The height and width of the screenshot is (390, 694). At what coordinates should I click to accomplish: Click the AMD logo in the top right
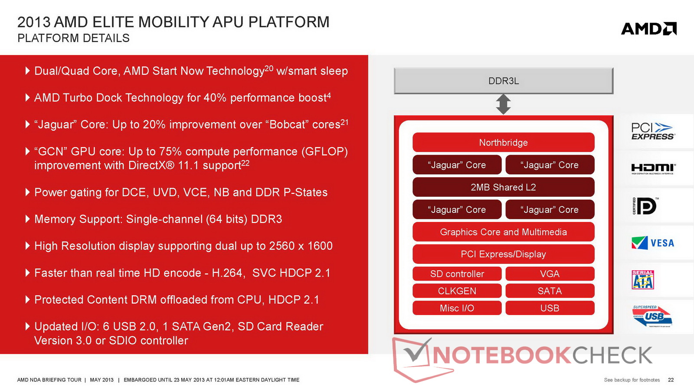[x=649, y=29]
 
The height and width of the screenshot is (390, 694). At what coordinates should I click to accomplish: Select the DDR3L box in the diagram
[x=504, y=81]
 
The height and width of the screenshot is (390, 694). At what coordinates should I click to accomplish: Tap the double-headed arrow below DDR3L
[x=504, y=104]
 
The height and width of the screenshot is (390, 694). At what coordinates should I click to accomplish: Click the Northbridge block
[x=504, y=143]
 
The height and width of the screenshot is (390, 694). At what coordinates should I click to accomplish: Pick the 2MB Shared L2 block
[x=504, y=187]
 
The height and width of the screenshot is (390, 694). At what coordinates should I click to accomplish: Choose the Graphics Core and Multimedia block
[x=504, y=232]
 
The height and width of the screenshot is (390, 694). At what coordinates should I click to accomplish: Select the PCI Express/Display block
[x=504, y=254]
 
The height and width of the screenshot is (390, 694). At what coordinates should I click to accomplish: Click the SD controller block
[x=457, y=273]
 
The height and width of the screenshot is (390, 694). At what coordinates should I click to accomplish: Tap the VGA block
[x=550, y=273]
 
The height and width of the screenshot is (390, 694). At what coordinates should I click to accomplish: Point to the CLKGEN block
[x=457, y=291]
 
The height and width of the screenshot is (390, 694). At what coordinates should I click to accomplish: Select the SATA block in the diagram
[x=550, y=291]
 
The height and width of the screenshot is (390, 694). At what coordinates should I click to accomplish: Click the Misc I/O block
[x=457, y=308]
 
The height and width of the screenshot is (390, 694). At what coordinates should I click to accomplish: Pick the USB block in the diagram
[x=550, y=308]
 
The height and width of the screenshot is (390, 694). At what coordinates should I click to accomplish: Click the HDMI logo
[x=653, y=169]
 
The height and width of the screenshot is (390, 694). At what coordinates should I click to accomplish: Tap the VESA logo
[x=653, y=243]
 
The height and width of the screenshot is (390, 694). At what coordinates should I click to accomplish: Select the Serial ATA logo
[x=643, y=279]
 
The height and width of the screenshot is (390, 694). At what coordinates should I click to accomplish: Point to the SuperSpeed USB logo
[x=652, y=316]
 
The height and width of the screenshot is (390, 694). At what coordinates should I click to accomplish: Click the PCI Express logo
[x=653, y=131]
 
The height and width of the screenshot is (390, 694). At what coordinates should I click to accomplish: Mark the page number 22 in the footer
[x=671, y=380]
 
